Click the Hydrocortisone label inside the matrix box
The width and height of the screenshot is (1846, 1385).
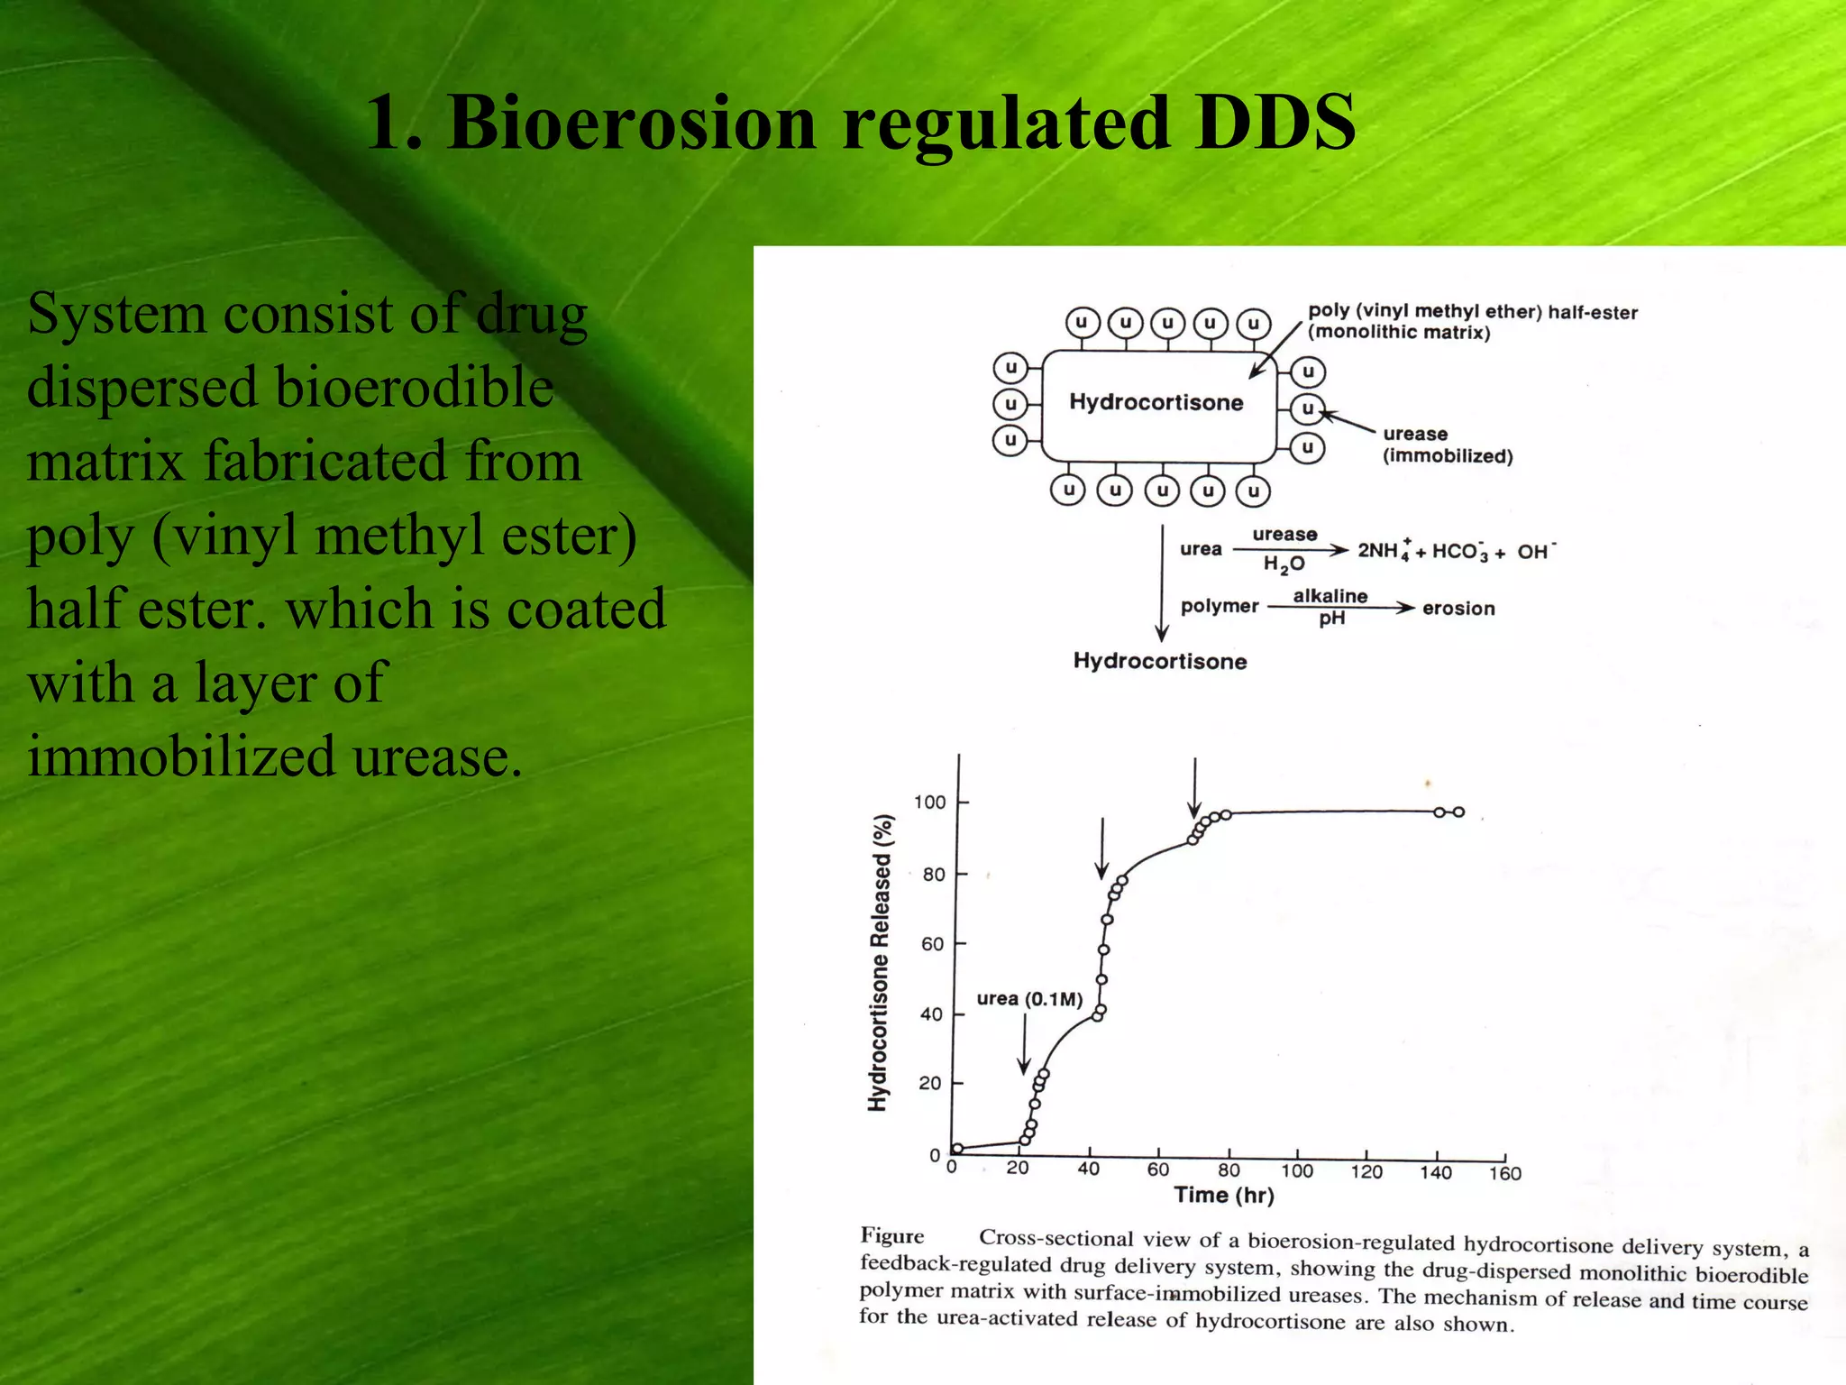(x=1156, y=402)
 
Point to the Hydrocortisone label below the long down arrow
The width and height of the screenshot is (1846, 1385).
(x=1160, y=661)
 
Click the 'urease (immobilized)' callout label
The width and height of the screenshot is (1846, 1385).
(x=1447, y=445)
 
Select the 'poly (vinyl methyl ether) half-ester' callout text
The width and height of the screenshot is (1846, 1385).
(x=1473, y=312)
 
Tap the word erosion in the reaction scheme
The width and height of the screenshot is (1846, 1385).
(x=1458, y=609)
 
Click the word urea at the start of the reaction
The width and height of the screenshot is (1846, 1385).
(x=1201, y=549)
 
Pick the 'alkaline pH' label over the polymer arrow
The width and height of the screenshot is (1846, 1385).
(x=1330, y=606)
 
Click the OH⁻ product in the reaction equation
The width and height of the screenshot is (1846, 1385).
(x=1535, y=551)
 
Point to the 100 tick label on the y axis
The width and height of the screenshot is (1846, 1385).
(x=929, y=803)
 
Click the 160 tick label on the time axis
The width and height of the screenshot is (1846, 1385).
(x=1504, y=1173)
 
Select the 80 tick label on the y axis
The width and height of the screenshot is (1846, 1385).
(x=933, y=874)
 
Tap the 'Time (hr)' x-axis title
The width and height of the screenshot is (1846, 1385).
(x=1224, y=1196)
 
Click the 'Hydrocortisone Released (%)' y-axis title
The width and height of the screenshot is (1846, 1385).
(x=880, y=962)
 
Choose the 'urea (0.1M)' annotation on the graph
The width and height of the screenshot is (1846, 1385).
(x=1029, y=998)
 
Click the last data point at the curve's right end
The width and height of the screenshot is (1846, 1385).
(x=1458, y=812)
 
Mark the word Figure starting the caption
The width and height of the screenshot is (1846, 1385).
(x=892, y=1235)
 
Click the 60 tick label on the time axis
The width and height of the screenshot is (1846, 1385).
(x=1157, y=1170)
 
